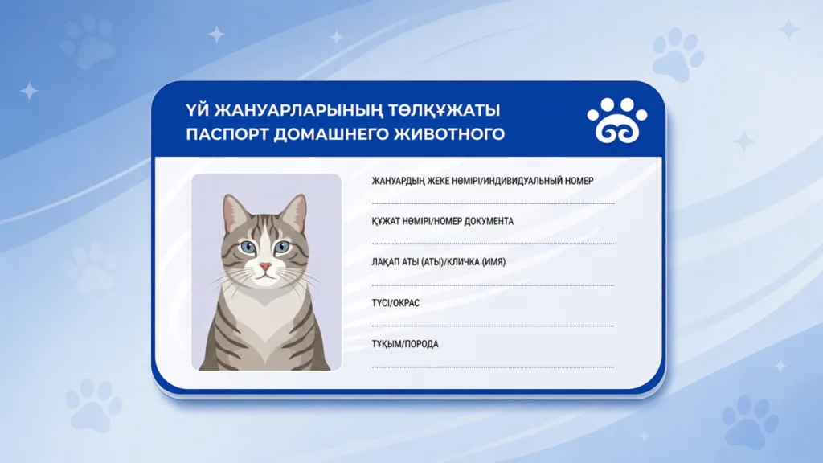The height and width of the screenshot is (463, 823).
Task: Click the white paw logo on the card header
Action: (617, 121)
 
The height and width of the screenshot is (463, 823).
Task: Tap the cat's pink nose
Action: (265, 267)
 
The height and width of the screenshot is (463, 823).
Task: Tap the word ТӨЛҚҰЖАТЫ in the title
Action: (444, 111)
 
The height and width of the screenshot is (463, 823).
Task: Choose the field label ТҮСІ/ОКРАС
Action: (395, 303)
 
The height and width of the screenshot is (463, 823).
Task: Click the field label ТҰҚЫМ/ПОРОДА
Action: (405, 344)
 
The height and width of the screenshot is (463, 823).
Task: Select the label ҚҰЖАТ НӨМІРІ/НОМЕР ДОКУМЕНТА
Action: (443, 221)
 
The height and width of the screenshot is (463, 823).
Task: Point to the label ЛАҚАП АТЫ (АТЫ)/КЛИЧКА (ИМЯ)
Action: (438, 262)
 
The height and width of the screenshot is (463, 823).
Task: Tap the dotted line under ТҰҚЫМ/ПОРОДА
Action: (493, 367)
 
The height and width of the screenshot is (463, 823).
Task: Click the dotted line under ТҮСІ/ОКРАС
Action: (493, 326)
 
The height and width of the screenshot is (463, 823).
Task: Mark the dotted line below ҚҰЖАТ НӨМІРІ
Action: (493, 244)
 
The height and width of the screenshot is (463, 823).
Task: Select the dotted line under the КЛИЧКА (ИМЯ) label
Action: (493, 285)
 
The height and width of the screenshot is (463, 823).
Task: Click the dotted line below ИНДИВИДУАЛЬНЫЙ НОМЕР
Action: (493, 203)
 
